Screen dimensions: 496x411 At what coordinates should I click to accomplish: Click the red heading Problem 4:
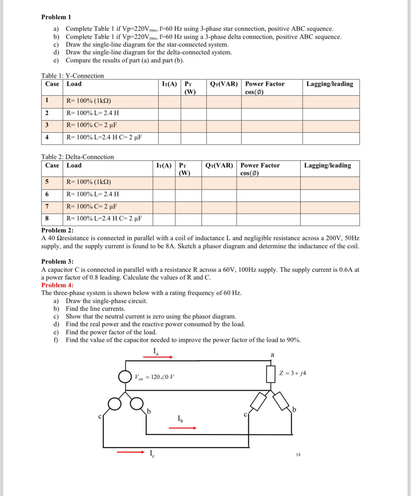pos(57,285)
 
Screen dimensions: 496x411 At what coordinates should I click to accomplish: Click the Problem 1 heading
pos(56,17)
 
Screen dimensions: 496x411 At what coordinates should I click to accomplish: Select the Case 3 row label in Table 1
pos(47,125)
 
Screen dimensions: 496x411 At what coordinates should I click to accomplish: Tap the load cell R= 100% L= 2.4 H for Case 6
pos(93,194)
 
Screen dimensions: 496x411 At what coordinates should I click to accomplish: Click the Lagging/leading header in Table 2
pos(327,165)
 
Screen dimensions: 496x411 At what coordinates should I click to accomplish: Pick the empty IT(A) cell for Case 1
pos(169,101)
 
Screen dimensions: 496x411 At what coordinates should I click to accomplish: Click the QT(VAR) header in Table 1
pos(224,84)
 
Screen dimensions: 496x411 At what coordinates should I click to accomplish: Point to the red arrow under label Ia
pos(158,357)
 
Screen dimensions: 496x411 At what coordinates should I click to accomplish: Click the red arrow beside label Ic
pos(130,452)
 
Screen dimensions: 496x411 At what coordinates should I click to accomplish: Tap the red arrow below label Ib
pos(182,428)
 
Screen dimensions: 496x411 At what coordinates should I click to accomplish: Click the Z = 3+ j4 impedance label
pos(292,373)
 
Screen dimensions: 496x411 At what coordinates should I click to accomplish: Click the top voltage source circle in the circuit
pos(125,377)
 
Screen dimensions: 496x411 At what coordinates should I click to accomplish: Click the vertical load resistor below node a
pos(270,374)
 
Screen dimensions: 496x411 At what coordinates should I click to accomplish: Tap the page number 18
pos(298,455)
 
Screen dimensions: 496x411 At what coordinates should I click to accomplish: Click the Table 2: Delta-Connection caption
pos(77,157)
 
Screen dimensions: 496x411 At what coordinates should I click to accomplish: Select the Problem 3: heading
pos(57,261)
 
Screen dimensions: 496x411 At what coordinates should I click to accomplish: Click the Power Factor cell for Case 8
pos(268,219)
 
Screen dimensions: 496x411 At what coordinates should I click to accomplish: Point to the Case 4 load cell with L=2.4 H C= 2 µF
pos(104,137)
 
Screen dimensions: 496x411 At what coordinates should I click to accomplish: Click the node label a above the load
pos(272,355)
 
